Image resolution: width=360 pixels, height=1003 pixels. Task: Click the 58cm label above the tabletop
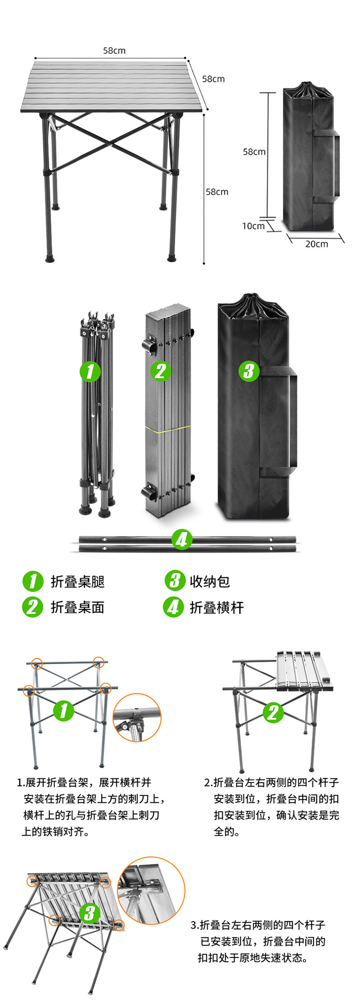(x=114, y=50)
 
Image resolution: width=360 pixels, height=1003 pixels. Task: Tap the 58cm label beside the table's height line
(x=217, y=192)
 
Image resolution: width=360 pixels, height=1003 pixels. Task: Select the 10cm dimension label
(x=253, y=226)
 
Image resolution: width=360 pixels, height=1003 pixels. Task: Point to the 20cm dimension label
(x=317, y=244)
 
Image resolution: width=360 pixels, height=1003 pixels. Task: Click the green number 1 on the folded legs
(x=90, y=371)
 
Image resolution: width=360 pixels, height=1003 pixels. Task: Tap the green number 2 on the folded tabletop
(x=160, y=371)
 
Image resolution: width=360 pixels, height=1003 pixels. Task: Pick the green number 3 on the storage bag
(x=249, y=371)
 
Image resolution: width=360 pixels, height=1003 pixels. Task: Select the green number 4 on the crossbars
(x=182, y=540)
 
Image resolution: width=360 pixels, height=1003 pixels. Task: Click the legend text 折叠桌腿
(x=78, y=582)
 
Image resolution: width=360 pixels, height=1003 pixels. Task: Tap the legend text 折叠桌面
(x=78, y=608)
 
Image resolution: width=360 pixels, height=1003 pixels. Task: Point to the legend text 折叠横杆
(x=217, y=608)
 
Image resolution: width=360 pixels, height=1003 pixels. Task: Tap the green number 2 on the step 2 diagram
(x=273, y=713)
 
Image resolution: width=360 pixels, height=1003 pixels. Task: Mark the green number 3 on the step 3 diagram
(x=89, y=913)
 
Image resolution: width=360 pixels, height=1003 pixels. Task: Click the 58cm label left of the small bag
(x=254, y=152)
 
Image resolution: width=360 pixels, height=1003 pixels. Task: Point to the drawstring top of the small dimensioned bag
(x=307, y=91)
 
